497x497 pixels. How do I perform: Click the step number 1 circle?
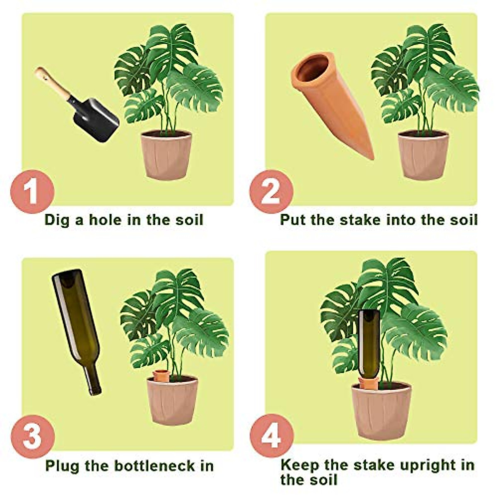(32, 191)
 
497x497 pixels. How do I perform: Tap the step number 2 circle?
(271, 191)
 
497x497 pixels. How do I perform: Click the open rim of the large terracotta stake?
(313, 68)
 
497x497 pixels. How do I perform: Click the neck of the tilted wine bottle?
(92, 379)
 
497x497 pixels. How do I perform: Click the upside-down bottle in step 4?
(369, 344)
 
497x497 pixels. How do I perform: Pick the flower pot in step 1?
(166, 154)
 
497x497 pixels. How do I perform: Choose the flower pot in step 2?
(423, 154)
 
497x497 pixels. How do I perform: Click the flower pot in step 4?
(381, 410)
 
